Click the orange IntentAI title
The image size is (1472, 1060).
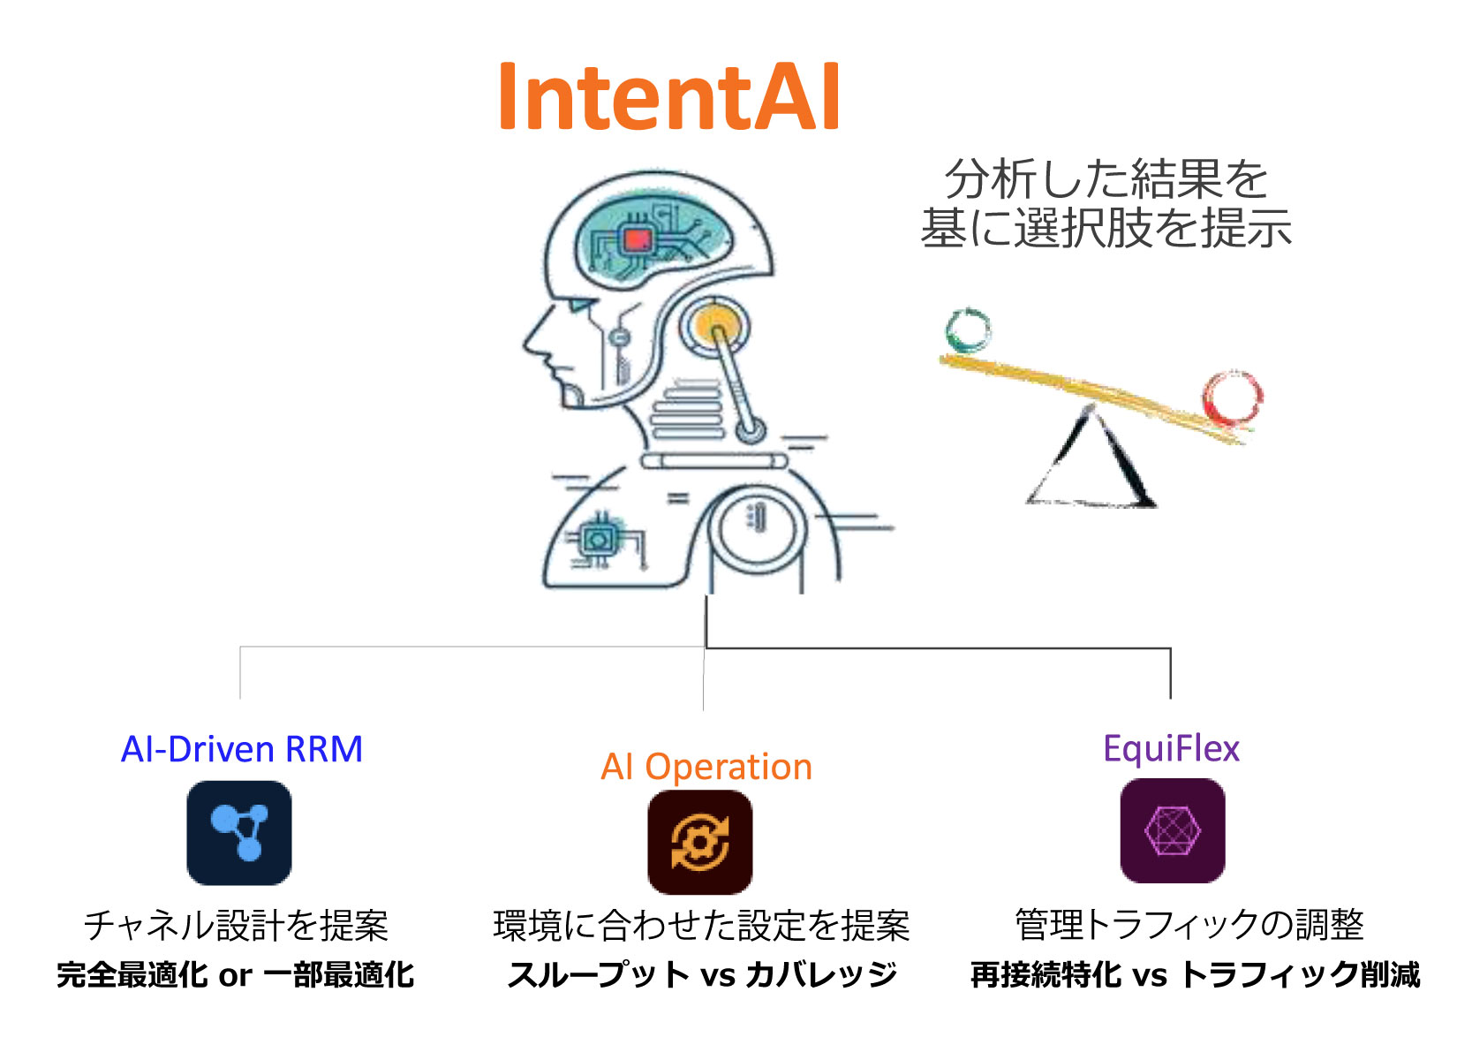pos(669,95)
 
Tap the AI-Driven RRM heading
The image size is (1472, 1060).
pos(242,749)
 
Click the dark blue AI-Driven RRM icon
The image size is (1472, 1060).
pos(239,832)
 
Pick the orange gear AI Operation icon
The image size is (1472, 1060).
pos(700,842)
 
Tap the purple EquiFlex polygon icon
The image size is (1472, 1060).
pos(1173,830)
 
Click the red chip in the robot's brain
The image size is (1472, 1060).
pos(637,240)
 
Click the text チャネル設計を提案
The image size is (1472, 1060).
pos(236,925)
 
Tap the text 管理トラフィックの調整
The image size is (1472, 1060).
pos(1189,924)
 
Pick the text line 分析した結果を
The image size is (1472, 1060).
pos(1106,178)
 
